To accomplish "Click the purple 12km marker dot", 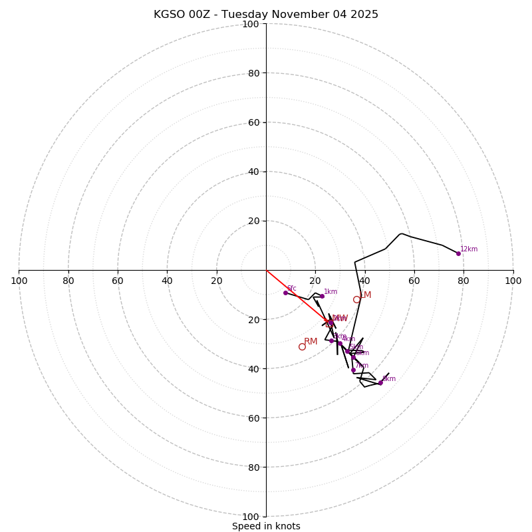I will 458,253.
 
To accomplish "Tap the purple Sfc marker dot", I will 285,293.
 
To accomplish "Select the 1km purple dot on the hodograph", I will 322,296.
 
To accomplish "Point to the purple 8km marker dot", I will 380,383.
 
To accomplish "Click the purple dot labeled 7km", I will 353,370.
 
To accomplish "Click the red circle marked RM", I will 302,346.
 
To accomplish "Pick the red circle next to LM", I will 356,300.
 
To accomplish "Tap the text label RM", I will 311,342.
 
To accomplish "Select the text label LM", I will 365,295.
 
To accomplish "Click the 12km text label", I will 469,249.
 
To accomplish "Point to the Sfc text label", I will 291,289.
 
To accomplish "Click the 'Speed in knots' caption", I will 266,527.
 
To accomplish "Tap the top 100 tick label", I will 251,25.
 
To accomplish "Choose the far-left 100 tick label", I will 19,281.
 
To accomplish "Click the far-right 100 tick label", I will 513,281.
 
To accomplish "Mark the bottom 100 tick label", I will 251,517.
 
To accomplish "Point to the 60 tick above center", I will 253,122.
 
